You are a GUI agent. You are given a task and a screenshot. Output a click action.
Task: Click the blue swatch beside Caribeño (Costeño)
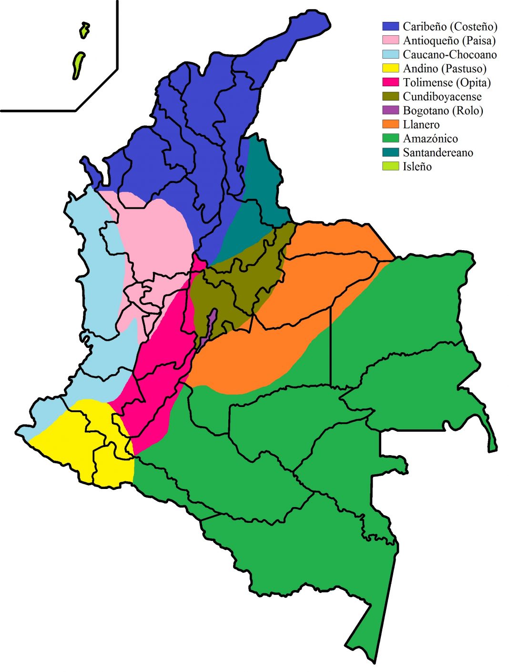pos(390,26)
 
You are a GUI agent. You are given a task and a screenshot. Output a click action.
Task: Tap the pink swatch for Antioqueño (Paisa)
pos(390,40)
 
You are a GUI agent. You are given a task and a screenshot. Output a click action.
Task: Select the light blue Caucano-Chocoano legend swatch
pos(390,54)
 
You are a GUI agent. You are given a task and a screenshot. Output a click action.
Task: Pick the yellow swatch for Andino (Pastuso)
pos(390,68)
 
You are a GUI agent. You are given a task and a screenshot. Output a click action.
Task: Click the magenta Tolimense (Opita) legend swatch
pos(390,82)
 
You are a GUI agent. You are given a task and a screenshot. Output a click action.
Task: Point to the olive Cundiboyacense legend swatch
pos(390,96)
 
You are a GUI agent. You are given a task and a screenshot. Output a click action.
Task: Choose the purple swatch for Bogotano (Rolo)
pos(390,111)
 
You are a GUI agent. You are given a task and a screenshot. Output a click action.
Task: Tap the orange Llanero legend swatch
pos(390,124)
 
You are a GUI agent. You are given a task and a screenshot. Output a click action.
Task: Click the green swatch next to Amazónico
pos(390,139)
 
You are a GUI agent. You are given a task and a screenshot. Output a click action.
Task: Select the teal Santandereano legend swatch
pos(390,153)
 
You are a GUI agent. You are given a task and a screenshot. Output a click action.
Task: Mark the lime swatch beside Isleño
pos(390,166)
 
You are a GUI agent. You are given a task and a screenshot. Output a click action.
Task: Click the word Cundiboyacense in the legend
pos(442,97)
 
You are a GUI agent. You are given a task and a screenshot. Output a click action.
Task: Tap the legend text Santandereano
pos(438,153)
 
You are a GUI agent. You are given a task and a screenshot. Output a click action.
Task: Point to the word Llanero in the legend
pos(421,125)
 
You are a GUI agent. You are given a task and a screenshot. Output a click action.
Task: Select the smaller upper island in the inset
pos(84,30)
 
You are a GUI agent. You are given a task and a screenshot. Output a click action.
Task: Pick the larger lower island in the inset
pos(78,65)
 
